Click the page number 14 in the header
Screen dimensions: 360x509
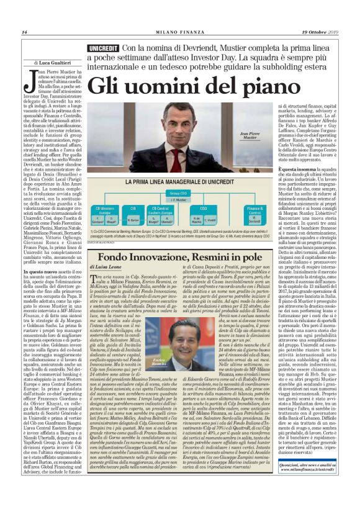pos(25,32)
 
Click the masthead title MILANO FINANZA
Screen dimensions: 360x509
pos(181,32)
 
